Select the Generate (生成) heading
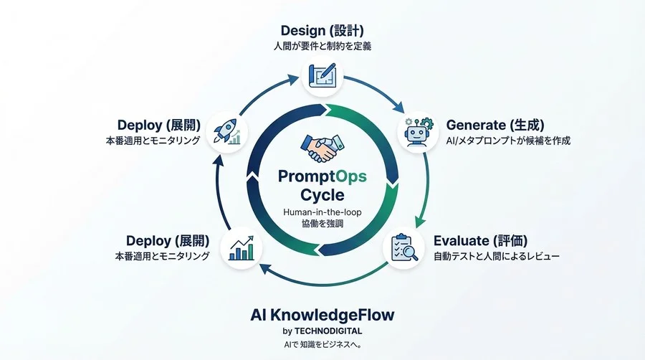coord(493,124)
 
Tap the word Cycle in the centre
coord(322,195)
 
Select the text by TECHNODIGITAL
coord(322,331)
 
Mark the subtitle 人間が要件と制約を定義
coord(322,47)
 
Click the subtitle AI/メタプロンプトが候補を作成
coord(508,141)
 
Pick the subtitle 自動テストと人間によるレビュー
coord(496,256)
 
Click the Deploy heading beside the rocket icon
coord(158,124)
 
